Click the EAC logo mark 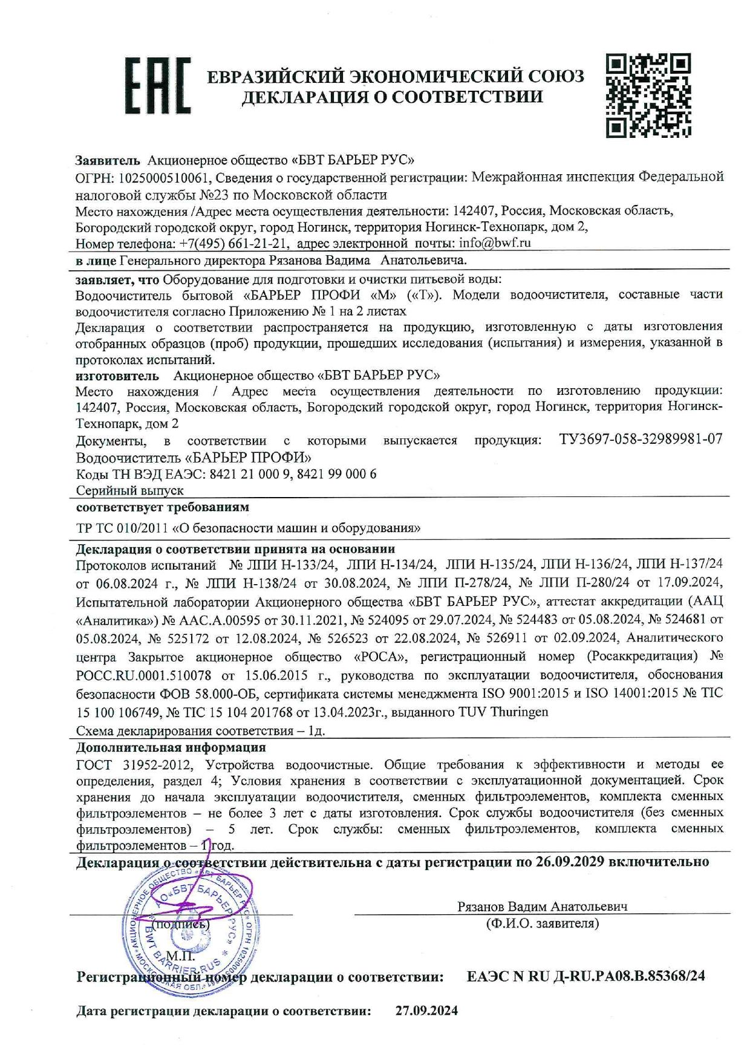(157, 86)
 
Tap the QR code (648, 96)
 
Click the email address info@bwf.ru (495, 243)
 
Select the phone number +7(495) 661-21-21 (233, 243)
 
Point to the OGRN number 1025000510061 (164, 177)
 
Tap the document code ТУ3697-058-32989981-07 (641, 439)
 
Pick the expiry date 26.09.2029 (570, 862)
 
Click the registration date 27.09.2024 (426, 1010)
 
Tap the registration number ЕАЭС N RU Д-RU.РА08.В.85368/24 (585, 976)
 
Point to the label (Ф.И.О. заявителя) (542, 923)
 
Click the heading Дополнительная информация (171, 747)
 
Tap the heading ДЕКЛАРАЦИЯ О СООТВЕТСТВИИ (392, 97)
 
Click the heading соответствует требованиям (162, 507)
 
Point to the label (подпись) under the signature (180, 924)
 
